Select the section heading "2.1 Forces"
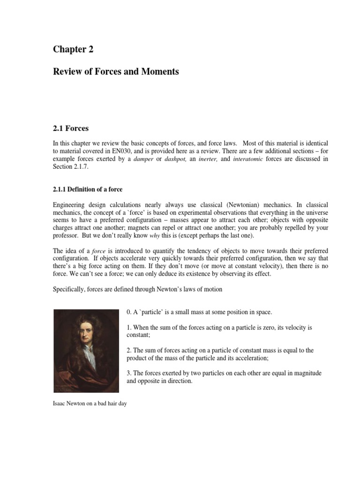tap(70, 128)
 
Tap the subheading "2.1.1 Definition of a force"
tap(89, 189)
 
